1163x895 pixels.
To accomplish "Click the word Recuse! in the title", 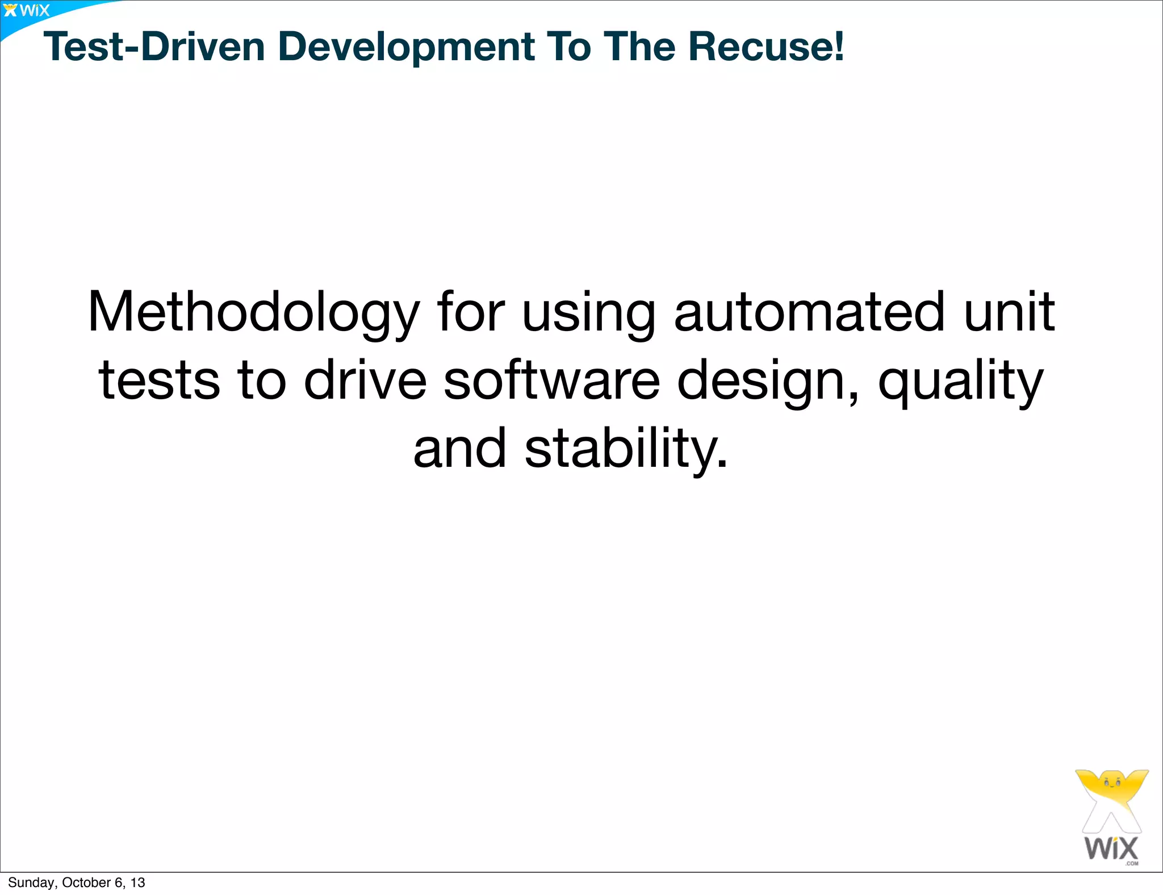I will click(x=766, y=46).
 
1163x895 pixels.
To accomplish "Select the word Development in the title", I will click(x=405, y=47).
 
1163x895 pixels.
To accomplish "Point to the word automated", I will click(x=809, y=312).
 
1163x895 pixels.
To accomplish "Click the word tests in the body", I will click(x=159, y=380).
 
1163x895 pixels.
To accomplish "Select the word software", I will click(x=551, y=380).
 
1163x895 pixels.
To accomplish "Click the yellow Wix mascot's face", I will click(x=1111, y=783).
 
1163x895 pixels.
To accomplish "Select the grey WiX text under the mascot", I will click(x=1111, y=848).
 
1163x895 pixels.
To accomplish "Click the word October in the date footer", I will click(x=86, y=883).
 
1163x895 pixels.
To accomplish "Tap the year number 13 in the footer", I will click(x=137, y=883).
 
